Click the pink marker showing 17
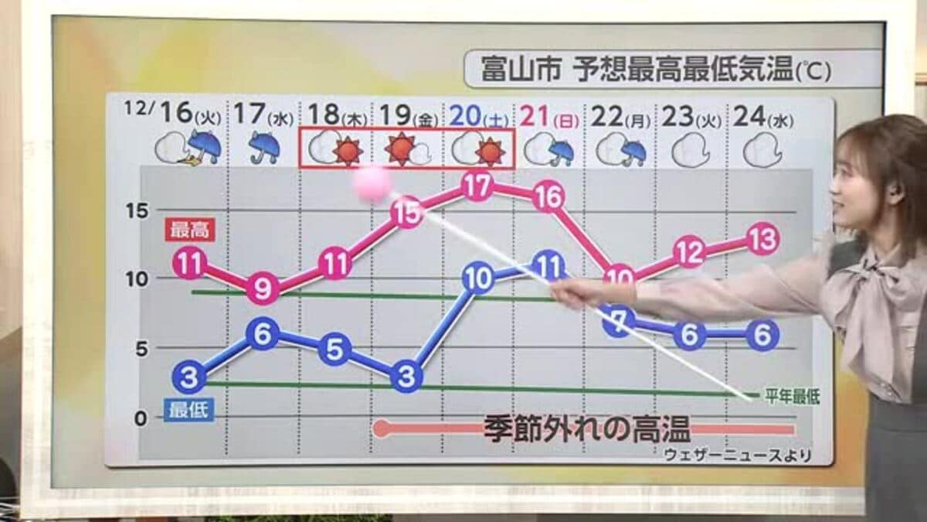point(477,186)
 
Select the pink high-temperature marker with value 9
point(263,289)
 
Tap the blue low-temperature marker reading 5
point(334,349)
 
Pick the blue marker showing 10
point(478,278)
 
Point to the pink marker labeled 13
point(762,240)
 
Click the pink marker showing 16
point(548,198)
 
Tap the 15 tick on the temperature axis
point(137,211)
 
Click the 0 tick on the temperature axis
point(140,418)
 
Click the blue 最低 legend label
point(188,409)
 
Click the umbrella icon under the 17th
point(264,147)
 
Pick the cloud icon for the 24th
point(762,149)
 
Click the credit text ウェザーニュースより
point(738,455)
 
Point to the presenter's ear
point(895,189)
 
